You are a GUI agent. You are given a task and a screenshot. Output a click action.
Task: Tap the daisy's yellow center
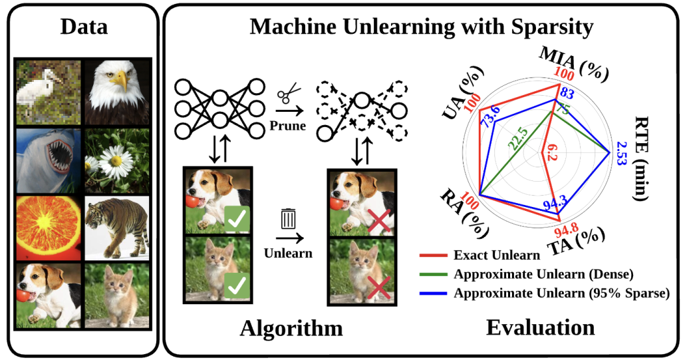[116, 160]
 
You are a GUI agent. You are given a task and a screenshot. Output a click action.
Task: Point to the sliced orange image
[49, 228]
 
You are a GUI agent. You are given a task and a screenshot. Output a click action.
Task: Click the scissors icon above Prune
[289, 93]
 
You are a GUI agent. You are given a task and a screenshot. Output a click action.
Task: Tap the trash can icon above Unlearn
[289, 219]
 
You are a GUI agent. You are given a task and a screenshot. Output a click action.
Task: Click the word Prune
[287, 125]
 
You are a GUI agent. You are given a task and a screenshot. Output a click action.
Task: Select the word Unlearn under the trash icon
[288, 253]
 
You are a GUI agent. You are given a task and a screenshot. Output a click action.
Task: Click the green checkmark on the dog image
[237, 218]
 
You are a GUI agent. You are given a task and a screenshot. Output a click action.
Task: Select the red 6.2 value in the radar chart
[551, 152]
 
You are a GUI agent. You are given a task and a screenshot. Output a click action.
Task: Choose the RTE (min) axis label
[640, 158]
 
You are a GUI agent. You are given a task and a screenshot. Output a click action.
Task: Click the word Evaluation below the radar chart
[541, 327]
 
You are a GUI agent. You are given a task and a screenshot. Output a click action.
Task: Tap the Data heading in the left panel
[84, 27]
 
